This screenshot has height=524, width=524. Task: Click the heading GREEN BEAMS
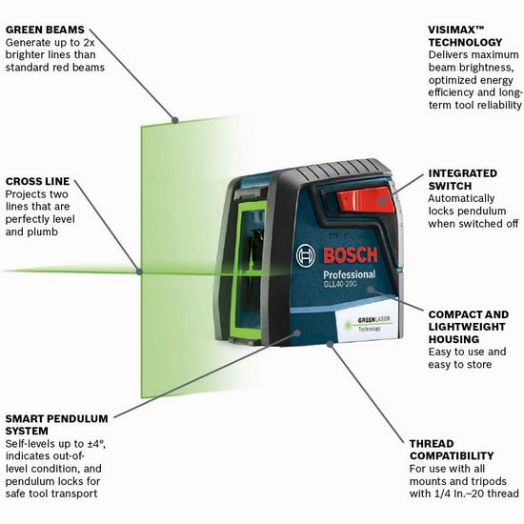pyautogui.click(x=45, y=30)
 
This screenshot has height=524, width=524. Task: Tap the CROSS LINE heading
pyautogui.click(x=37, y=181)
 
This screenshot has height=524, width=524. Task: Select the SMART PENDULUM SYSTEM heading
pyautogui.click(x=56, y=425)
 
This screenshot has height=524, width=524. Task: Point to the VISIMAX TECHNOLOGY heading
pyautogui.click(x=465, y=36)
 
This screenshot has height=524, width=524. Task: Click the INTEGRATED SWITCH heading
pyautogui.click(x=463, y=179)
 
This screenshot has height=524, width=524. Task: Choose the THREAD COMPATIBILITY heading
pyautogui.click(x=452, y=450)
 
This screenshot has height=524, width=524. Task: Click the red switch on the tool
pyautogui.click(x=366, y=200)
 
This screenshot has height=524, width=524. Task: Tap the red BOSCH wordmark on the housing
pyautogui.click(x=350, y=255)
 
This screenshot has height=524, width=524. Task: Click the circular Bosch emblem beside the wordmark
pyautogui.click(x=306, y=255)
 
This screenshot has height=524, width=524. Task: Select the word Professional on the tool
pyautogui.click(x=350, y=274)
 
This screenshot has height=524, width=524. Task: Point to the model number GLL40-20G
pyautogui.click(x=335, y=285)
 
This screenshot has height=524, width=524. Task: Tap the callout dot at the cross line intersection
pyautogui.click(x=139, y=272)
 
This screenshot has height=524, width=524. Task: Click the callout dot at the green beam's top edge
pyautogui.click(x=174, y=120)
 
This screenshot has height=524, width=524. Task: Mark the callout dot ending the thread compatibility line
pyautogui.click(x=331, y=344)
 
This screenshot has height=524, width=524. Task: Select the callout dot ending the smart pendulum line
pyautogui.click(x=296, y=333)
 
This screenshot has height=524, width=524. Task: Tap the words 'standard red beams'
pyautogui.click(x=55, y=68)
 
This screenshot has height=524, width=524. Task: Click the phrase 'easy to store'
pyautogui.click(x=460, y=364)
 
